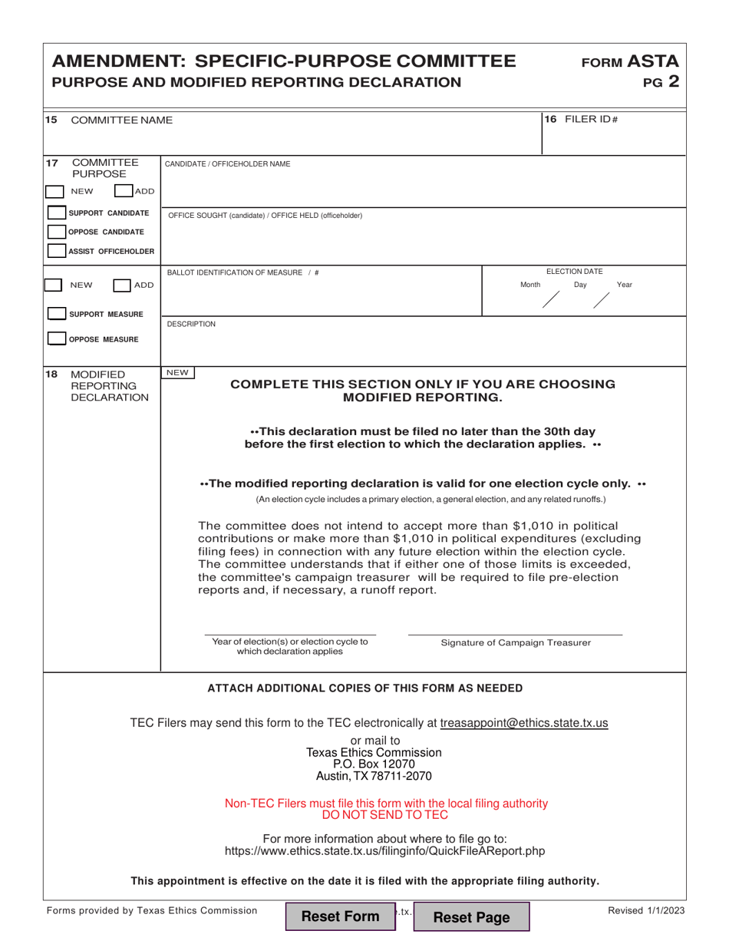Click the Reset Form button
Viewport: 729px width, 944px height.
click(x=340, y=916)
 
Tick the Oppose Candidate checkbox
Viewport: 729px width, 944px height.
click(x=56, y=232)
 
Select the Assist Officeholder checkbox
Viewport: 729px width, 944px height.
click(x=56, y=251)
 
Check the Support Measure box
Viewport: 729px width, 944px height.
click(x=56, y=314)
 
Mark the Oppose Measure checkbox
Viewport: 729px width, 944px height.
click(x=56, y=338)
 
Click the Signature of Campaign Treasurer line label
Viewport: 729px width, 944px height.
click(x=516, y=642)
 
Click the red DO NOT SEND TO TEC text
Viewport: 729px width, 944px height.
click(x=386, y=815)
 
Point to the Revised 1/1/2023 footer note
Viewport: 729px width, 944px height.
click(x=646, y=911)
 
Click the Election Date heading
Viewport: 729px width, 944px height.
click(x=574, y=271)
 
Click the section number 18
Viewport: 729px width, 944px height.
click(x=51, y=374)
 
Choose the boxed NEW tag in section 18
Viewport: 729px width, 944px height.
click(x=177, y=373)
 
